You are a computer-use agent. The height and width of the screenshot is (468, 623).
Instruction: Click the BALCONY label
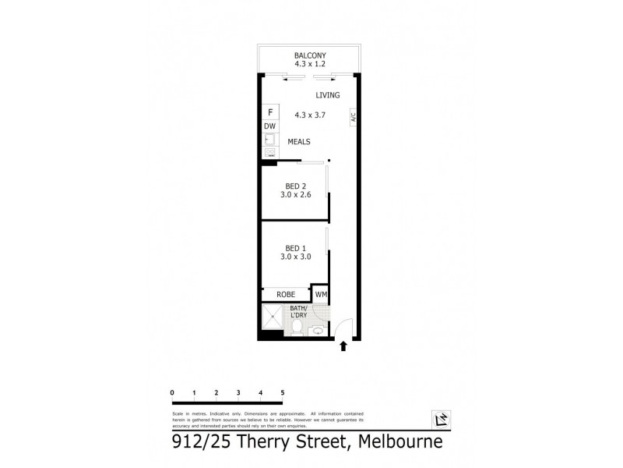pos(309,55)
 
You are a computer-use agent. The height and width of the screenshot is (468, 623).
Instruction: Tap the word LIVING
pos(328,95)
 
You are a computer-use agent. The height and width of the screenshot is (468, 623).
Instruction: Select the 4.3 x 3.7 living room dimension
pos(309,115)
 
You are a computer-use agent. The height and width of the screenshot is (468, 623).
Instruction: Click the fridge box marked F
pos(269,112)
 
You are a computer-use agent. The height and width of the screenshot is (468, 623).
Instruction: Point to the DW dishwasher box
pos(269,126)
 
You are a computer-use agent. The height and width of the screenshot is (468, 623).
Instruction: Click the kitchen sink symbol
pos(269,140)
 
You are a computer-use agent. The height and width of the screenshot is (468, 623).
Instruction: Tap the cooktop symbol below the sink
pos(269,153)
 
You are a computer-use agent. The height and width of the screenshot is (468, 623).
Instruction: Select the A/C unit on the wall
pos(353,119)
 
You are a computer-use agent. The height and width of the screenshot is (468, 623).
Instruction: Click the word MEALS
pos(299,142)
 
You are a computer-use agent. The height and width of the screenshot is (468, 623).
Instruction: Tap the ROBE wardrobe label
pos(286,295)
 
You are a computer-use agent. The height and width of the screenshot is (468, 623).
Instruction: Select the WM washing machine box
pos(321,295)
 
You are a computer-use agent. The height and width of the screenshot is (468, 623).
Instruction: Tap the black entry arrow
pos(343,346)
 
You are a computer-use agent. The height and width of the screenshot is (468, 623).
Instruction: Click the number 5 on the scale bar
pos(283,392)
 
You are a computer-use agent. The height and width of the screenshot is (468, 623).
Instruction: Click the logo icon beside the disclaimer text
pos(442,419)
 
